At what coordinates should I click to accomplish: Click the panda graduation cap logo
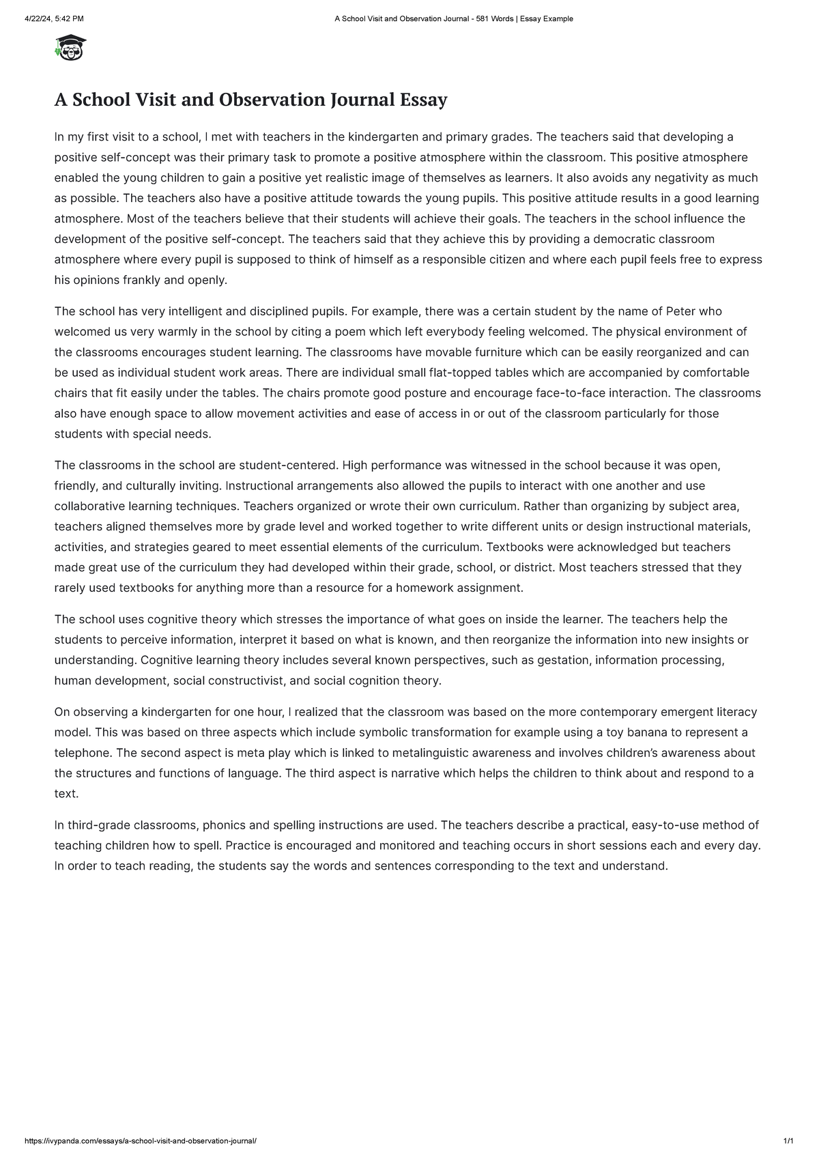pyautogui.click(x=71, y=48)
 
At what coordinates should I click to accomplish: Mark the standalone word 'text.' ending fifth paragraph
pyautogui.click(x=66, y=794)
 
